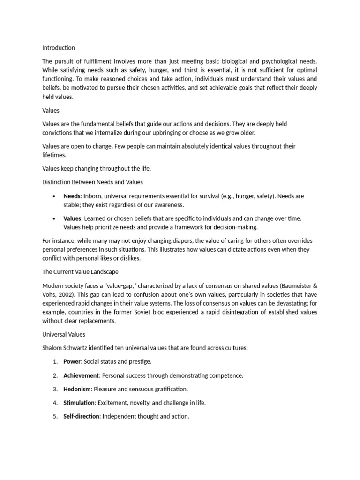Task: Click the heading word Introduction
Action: pos(58,48)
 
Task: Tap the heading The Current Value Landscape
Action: pos(80,272)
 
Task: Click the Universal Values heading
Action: pos(63,335)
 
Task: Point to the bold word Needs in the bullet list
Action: pos(72,196)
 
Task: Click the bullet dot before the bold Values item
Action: pos(55,218)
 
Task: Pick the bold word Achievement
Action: pos(81,375)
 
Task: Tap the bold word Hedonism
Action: pos(77,389)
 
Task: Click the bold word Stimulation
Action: pos(79,403)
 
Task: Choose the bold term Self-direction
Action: pos(81,416)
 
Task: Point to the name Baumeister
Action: pos(291,285)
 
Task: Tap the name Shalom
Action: pos(52,348)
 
